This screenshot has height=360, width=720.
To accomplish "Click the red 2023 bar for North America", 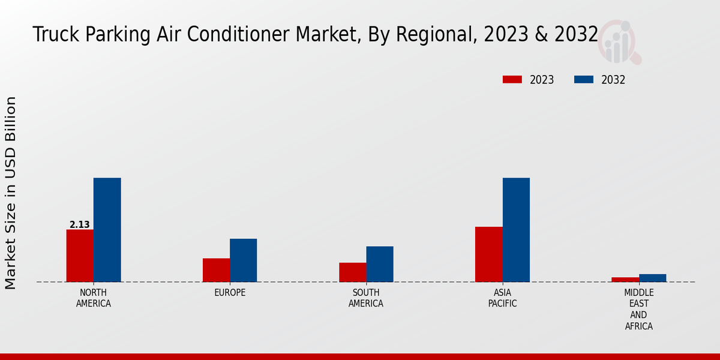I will click(80, 256).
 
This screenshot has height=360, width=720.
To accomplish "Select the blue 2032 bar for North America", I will click(107, 230).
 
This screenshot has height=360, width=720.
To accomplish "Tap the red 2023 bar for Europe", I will click(216, 270).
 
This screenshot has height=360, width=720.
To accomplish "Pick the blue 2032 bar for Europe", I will click(243, 260).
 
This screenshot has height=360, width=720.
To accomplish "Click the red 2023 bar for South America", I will click(352, 272).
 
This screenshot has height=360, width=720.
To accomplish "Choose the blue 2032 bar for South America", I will click(380, 264).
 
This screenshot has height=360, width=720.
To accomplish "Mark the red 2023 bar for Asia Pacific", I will click(488, 254).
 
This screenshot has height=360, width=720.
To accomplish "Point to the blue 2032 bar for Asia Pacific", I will click(516, 230).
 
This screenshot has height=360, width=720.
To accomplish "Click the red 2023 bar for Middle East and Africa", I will click(625, 280).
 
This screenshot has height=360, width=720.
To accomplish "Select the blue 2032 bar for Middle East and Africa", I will click(652, 278).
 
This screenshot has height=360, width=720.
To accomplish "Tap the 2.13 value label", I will click(80, 225).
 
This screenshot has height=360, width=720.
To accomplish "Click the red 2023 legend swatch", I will click(512, 80).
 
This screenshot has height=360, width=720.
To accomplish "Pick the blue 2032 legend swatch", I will click(584, 80).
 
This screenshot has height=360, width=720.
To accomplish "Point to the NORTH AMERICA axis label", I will click(94, 298).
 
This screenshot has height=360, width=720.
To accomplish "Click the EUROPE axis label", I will click(230, 293).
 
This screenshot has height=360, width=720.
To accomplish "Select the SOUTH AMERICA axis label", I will click(366, 298).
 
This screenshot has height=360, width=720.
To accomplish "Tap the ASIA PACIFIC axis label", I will click(502, 298).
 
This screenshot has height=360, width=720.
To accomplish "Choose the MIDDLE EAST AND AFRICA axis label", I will click(638, 310).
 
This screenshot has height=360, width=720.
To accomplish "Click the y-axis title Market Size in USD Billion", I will click(11, 193).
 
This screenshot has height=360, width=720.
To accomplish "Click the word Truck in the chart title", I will click(53, 35).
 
